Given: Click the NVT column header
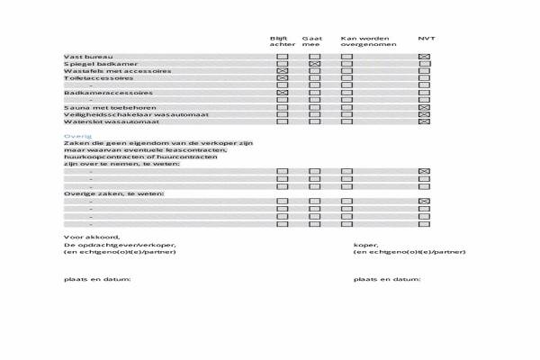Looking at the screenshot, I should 426,38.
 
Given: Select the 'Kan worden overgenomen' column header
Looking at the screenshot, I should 364,41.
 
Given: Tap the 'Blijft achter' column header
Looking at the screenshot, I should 282,41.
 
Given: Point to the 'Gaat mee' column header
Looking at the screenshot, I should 312,41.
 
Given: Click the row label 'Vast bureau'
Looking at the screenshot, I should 82,57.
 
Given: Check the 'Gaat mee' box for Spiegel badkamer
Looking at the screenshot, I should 314,64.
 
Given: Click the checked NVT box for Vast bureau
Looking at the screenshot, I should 425,57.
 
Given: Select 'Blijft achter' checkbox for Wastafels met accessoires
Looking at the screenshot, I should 283,71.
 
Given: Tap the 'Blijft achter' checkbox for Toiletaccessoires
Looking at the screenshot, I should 283,78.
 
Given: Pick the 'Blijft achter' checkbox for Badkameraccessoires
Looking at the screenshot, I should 283,93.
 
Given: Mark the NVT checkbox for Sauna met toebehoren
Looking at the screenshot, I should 425,107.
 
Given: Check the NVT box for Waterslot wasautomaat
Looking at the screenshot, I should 425,121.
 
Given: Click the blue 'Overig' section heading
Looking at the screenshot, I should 73,135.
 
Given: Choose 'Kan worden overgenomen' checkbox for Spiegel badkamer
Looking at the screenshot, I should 346,64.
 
